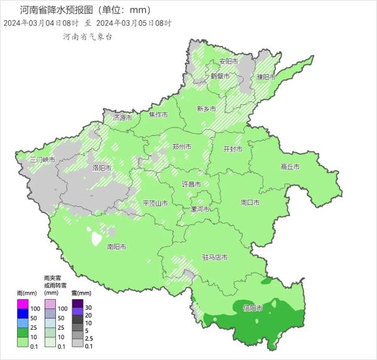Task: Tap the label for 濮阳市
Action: pos(266,77)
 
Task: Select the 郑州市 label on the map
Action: pos(182,146)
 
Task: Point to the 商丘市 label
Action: pos(290,166)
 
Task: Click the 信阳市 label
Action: pos(251,307)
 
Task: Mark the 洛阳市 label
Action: pos(102,168)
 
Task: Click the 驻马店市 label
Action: pos(214,257)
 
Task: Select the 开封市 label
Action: pos(233,150)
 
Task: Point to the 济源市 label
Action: pos(123,117)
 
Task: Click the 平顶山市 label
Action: pos(155,203)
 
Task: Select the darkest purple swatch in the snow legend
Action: pos(77,305)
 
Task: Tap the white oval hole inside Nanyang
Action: pos(97,239)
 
